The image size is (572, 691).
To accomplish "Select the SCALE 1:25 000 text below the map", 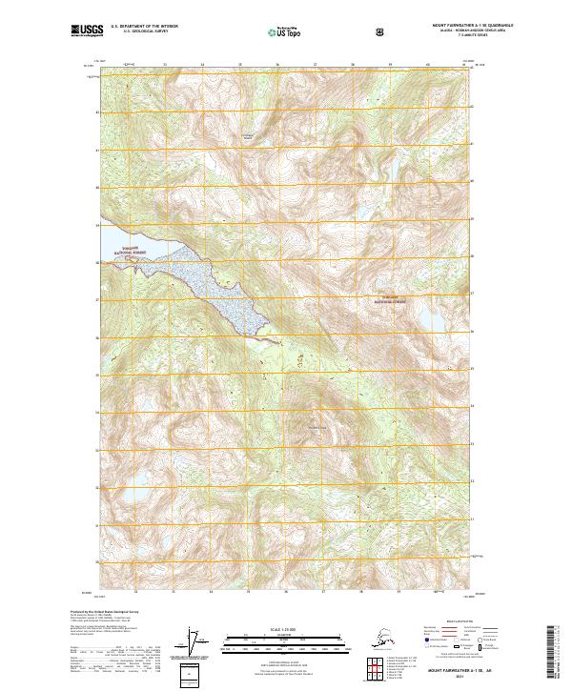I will [285, 629].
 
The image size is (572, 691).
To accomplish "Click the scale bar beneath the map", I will [285, 640].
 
